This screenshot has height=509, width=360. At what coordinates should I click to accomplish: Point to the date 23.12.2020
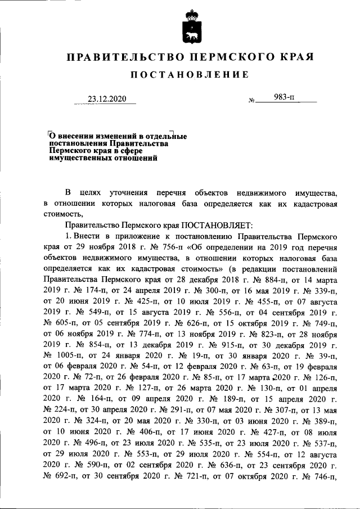(105, 100)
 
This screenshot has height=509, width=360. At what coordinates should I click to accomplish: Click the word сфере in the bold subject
(130, 151)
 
